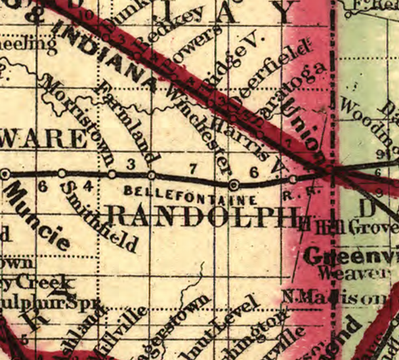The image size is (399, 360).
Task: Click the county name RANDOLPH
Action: pos(203,217)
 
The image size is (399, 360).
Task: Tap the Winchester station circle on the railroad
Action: pos(234,184)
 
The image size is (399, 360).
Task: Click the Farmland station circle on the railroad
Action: pos(150,174)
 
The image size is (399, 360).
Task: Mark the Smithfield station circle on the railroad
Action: pos(62,174)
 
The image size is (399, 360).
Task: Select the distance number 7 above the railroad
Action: pos(193,167)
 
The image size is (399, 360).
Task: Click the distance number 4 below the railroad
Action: pos(86,185)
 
